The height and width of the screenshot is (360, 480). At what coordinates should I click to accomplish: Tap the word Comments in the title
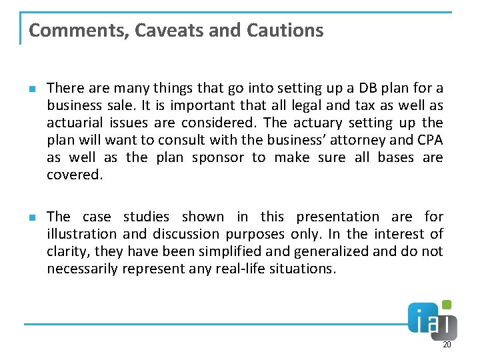click(72, 30)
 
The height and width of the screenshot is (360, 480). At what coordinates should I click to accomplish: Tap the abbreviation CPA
click(429, 140)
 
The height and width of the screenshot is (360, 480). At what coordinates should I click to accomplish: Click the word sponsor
click(217, 157)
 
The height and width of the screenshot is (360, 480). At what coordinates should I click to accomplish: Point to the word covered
click(73, 175)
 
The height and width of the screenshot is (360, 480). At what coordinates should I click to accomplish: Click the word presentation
click(337, 217)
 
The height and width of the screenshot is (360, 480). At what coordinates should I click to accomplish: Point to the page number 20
click(447, 345)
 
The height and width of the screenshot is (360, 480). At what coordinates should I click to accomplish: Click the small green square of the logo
click(447, 305)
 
